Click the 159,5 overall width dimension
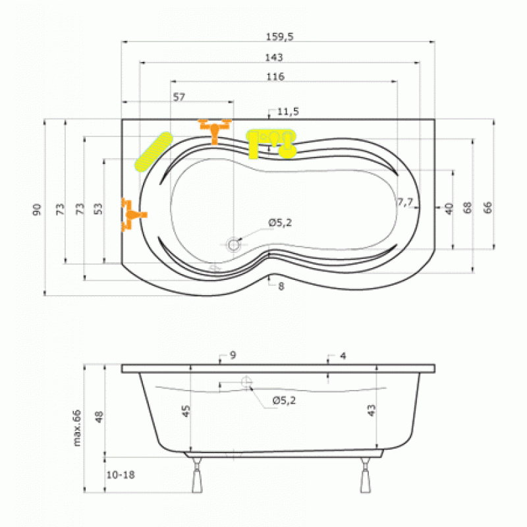[279, 36]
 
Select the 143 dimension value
[274, 57]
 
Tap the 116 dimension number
[275, 76]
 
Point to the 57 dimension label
[179, 97]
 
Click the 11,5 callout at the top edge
[288, 111]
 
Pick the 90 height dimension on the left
[37, 209]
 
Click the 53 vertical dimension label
[97, 209]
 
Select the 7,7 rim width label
[405, 202]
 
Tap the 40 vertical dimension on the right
[449, 208]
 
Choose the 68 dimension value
[467, 208]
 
